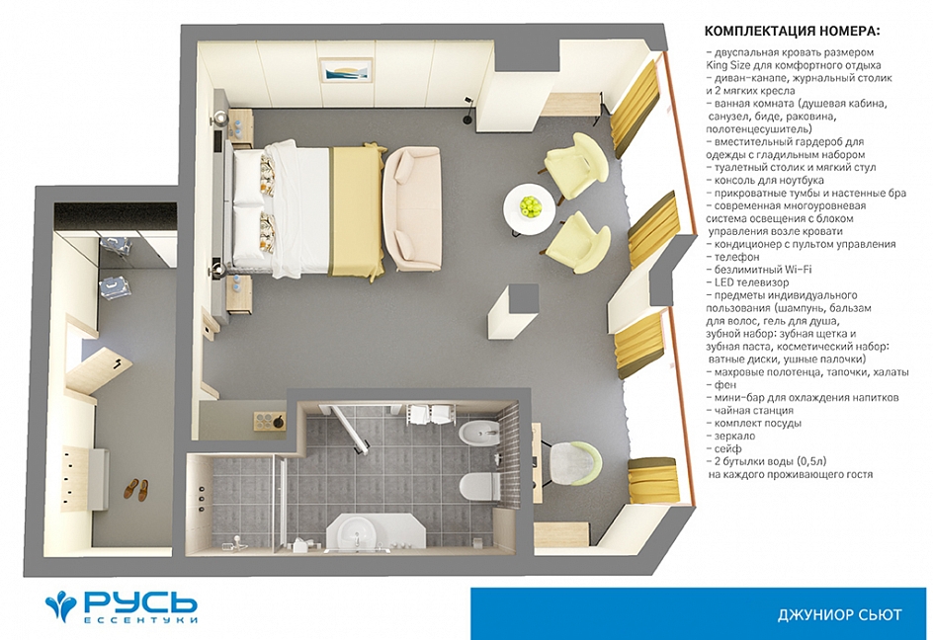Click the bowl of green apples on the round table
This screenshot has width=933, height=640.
coord(530,206)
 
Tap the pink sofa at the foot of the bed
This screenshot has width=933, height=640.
coord(411,208)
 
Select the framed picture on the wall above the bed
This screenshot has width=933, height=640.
coord(346,71)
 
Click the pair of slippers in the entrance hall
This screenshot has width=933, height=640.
coord(136,490)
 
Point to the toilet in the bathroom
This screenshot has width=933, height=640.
coord(480,487)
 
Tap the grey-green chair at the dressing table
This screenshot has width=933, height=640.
coord(574,462)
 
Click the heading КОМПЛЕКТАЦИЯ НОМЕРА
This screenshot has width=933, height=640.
coord(792,31)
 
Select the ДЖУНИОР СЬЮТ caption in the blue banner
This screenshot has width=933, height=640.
coord(839,614)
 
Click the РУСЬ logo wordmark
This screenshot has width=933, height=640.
coord(140,602)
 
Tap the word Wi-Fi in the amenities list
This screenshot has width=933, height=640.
coord(798,270)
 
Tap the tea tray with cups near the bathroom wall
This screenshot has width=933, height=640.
coord(270,420)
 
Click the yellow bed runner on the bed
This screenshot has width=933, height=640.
coord(355,211)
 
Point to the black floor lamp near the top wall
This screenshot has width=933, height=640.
coord(468,110)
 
